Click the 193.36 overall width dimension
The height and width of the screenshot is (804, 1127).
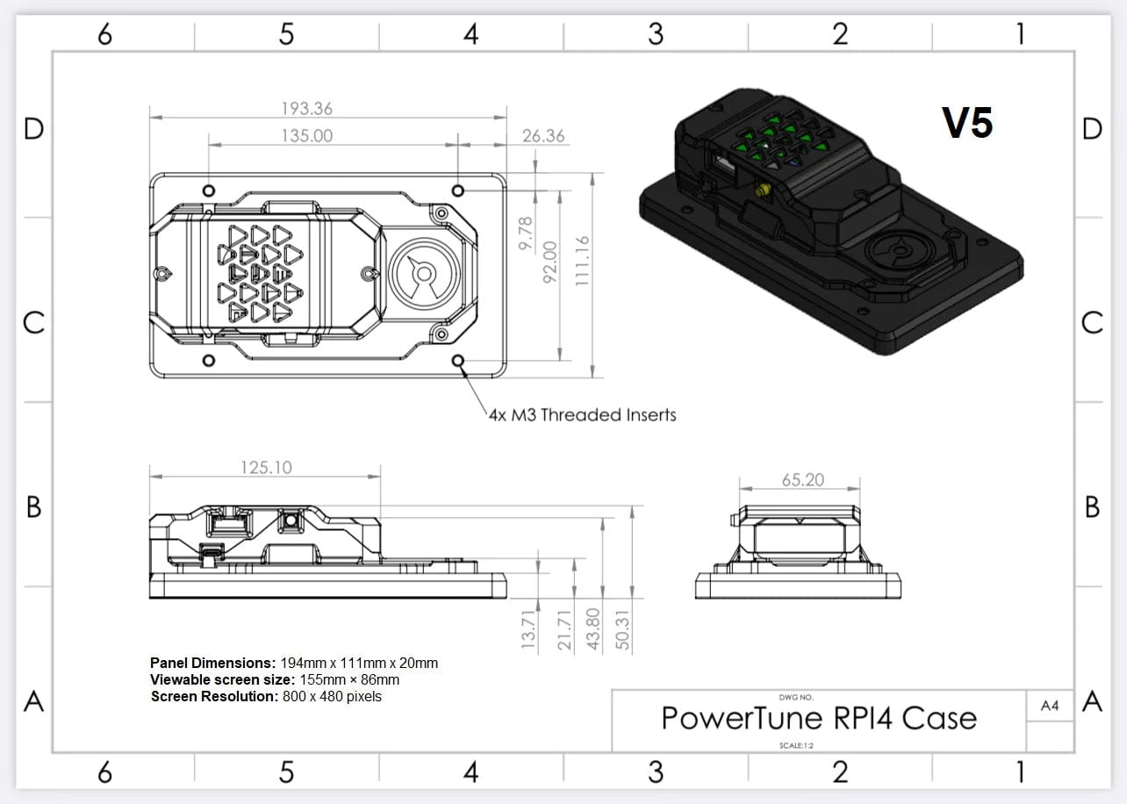(306, 109)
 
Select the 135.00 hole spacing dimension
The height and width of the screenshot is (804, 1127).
(306, 136)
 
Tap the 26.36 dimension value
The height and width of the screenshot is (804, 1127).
(543, 136)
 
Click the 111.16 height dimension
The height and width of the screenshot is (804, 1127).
(580, 260)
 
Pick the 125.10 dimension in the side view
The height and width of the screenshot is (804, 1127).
(266, 467)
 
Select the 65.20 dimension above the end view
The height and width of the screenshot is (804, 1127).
(802, 480)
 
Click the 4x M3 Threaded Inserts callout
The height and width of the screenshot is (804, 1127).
(582, 414)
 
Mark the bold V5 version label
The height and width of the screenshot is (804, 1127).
(967, 123)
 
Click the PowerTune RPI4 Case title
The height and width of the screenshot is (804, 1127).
(818, 718)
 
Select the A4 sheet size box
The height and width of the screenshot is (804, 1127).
(1049, 706)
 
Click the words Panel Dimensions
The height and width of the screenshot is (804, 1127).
(212, 663)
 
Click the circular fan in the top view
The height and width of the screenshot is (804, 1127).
(423, 274)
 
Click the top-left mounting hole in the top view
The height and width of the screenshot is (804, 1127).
(209, 190)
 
